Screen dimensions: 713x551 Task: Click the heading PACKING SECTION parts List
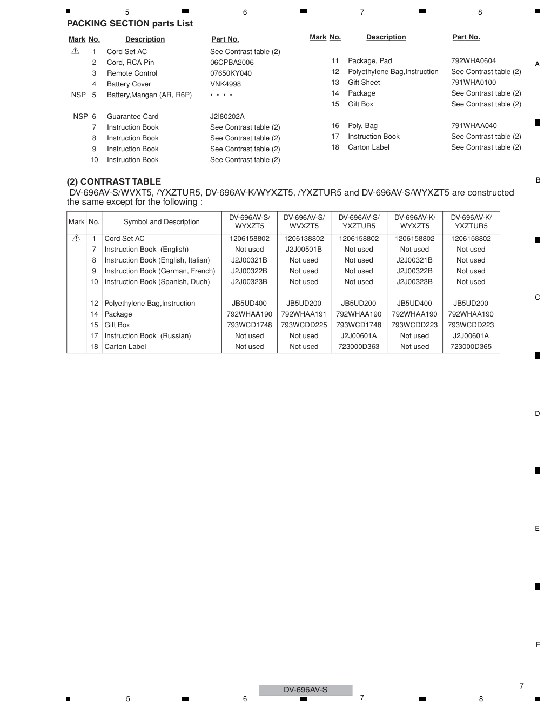pos(130,23)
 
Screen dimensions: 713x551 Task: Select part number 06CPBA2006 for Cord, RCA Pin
pos(232,62)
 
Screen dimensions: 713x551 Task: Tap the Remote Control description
pos(132,73)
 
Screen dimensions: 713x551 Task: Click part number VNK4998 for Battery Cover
pos(225,84)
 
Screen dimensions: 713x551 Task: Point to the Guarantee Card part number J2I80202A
pos(227,116)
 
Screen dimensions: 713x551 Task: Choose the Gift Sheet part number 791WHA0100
pos(473,82)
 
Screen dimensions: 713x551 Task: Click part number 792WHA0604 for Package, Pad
pos(473,60)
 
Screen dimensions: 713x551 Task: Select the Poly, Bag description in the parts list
pos(362,125)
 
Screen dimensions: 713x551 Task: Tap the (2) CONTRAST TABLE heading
pos(114,181)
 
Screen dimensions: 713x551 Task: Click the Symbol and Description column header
pos(162,221)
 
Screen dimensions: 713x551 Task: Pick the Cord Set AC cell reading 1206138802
pos(304,238)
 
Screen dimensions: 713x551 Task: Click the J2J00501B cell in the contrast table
pos(304,249)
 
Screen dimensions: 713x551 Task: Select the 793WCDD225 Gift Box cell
pos(304,325)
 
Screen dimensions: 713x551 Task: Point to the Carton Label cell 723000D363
pos(359,346)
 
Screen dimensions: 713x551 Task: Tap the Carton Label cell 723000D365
pos(471,346)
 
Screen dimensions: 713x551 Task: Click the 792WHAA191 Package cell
pos(304,314)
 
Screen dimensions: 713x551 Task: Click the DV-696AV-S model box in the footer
pos(305,690)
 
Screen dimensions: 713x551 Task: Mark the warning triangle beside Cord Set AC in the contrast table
pos(76,238)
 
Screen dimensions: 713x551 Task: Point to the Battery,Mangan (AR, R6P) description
pos(149,95)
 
